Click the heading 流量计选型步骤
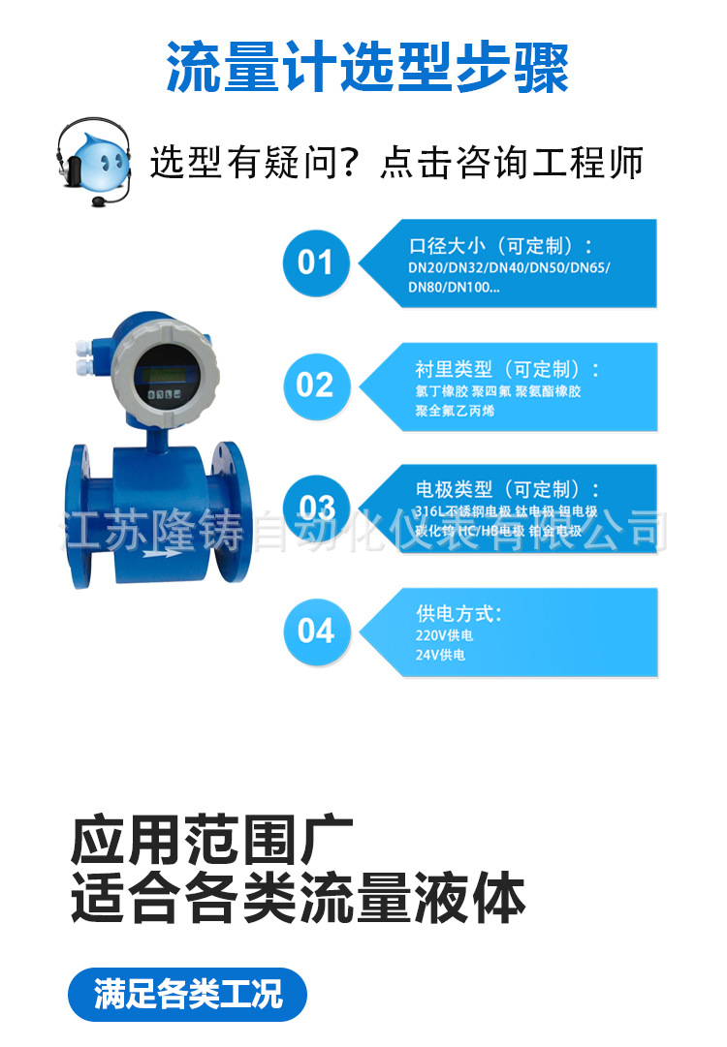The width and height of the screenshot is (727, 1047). tap(366, 67)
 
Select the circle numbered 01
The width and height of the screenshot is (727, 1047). tap(315, 262)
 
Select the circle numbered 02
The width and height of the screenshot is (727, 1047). tap(315, 385)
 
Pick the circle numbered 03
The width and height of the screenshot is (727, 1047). tap(316, 508)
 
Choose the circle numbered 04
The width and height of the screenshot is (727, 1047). tap(316, 631)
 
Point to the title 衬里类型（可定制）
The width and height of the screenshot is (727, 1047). tap(507, 369)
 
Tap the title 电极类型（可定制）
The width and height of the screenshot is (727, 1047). tap(507, 490)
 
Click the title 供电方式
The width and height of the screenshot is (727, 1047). tap(458, 614)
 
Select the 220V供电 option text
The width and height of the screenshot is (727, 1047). tap(444, 635)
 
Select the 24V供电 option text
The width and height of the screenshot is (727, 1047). tap(440, 656)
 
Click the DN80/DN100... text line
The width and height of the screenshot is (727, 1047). tap(454, 287)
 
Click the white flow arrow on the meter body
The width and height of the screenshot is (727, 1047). tap(159, 553)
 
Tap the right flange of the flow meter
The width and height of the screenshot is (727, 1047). tap(228, 510)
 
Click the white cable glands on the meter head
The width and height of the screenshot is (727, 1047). tap(81, 357)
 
